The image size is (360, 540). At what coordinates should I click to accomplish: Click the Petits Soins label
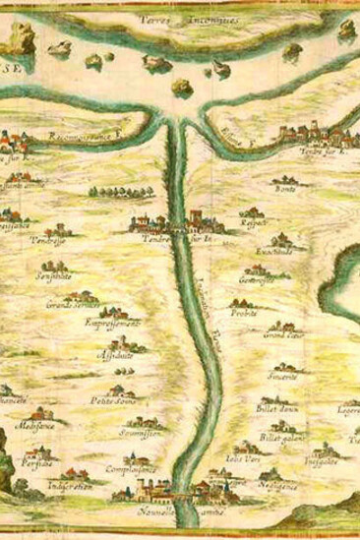pyautogui.click(x=110, y=400)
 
